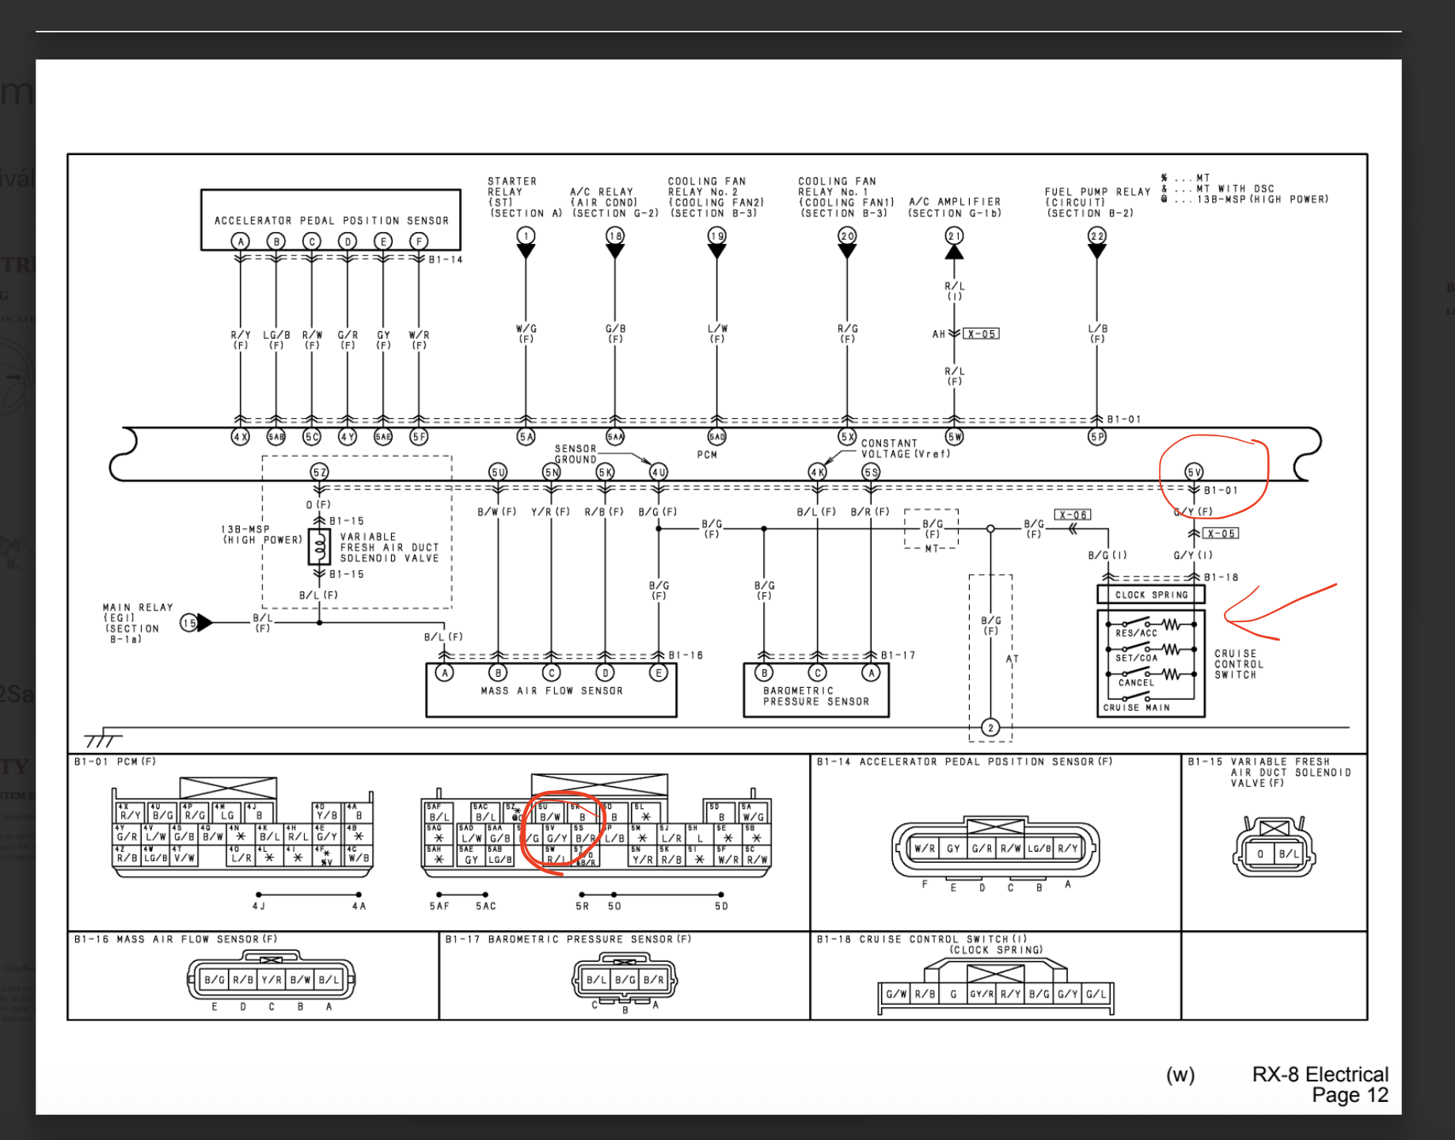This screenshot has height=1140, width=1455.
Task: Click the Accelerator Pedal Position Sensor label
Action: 331,221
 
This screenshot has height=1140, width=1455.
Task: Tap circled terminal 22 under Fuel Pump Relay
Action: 1096,236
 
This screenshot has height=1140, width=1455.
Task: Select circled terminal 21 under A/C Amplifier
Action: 954,236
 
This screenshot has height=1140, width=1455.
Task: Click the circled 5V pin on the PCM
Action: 1194,472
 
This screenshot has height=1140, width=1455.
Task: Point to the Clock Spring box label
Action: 1151,595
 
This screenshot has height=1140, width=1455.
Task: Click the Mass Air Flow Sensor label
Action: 551,691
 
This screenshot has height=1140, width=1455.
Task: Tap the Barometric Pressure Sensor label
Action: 815,696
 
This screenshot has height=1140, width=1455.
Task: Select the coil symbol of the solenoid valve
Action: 320,546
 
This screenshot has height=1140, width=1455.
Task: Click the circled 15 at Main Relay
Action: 188,623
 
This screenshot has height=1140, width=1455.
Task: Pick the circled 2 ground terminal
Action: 990,728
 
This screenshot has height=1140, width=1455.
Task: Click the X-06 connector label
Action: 1073,515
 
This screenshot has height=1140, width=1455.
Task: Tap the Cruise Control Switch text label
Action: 1239,664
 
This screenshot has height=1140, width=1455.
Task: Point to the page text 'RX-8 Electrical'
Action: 1320,1074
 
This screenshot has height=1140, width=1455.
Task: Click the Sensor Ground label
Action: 576,454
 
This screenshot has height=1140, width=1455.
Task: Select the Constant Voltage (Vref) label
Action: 905,449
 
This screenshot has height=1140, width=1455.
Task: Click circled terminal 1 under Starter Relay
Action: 526,236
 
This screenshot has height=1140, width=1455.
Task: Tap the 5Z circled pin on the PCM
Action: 319,472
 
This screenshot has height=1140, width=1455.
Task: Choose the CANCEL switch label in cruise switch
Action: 1136,682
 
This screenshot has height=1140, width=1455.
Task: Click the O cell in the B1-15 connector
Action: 1259,853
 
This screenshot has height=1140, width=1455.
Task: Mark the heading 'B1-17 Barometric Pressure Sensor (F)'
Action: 568,939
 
